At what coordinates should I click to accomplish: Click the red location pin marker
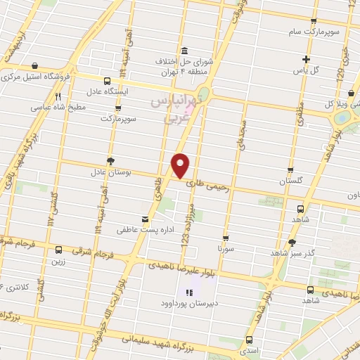coord(181,165)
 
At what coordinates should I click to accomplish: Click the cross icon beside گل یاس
coord(305,59)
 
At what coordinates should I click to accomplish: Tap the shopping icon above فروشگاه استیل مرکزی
coord(34,65)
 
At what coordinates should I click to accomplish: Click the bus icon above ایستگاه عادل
coord(107,81)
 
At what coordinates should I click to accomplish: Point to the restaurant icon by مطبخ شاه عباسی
coord(58,98)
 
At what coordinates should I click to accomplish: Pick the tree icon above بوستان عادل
coord(110,160)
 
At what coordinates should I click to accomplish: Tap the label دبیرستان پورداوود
coord(188,305)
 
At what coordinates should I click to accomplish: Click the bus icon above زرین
coord(58,249)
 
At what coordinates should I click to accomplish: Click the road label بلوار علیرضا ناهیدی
coord(184,266)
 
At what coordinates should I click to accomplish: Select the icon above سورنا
coord(225,238)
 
